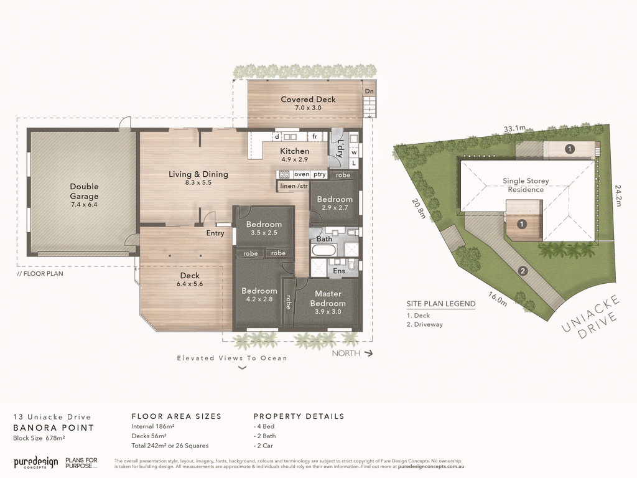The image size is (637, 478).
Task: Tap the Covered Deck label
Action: tap(308, 100)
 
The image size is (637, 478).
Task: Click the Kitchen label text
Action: tap(294, 151)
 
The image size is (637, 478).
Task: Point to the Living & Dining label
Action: tap(198, 174)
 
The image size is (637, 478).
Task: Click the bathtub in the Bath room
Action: tap(323, 251)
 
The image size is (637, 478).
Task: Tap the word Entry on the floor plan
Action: tap(215, 233)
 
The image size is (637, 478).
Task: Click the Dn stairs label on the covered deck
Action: tap(370, 91)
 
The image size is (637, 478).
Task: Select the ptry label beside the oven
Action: tap(320, 175)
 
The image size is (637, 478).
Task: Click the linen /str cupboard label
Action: tap(294, 185)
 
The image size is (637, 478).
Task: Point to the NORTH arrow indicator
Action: tap(352, 353)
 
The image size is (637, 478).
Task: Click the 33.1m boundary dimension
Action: tap(514, 129)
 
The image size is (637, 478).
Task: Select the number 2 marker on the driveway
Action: tap(523, 271)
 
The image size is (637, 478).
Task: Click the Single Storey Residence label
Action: tap(526, 185)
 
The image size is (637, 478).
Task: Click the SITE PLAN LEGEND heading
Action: tap(441, 304)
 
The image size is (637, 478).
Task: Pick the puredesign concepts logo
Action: tap(36, 462)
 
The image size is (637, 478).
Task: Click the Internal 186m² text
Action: tap(153, 426)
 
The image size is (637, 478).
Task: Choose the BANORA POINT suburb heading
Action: tap(53, 428)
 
